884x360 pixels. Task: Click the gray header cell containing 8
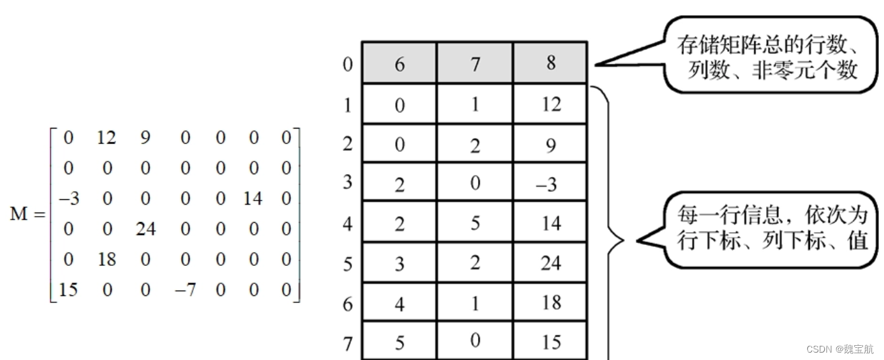(x=551, y=63)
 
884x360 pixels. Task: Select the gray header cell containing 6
(x=399, y=64)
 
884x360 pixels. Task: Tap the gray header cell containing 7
(x=475, y=64)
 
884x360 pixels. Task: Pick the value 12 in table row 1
(x=551, y=104)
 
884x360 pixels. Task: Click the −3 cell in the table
(x=551, y=184)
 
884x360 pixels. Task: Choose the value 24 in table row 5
(x=551, y=263)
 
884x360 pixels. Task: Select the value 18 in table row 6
(x=551, y=303)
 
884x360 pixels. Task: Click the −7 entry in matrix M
(x=185, y=290)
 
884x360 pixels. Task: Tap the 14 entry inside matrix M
(x=253, y=199)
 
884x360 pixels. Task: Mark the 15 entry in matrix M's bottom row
(x=68, y=290)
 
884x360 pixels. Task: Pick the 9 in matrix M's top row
(x=145, y=138)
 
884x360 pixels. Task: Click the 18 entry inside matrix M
(x=107, y=260)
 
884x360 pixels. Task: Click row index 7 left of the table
(x=347, y=344)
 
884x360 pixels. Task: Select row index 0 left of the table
(x=347, y=65)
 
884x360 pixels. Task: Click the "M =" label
(x=28, y=215)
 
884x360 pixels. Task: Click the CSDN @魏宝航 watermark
(x=840, y=349)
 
